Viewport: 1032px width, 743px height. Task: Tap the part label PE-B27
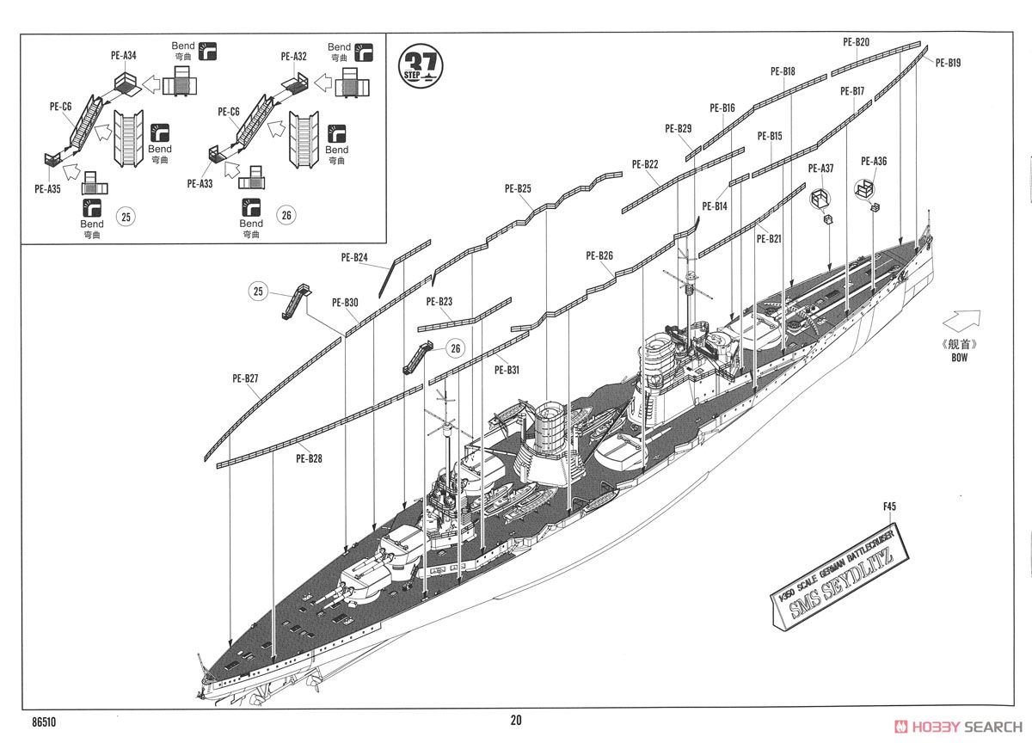click(x=245, y=378)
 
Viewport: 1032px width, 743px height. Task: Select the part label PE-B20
click(x=856, y=41)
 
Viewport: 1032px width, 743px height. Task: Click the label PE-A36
click(x=873, y=161)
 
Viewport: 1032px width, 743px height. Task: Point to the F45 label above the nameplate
click(x=889, y=507)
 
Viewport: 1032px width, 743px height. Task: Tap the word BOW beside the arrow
click(x=959, y=357)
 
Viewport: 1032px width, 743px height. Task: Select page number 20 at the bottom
click(x=515, y=721)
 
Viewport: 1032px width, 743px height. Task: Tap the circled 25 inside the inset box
click(x=126, y=217)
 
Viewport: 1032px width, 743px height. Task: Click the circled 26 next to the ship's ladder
click(x=456, y=347)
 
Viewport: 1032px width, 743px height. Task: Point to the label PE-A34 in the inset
click(x=123, y=56)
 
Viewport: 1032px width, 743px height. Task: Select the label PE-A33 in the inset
click(x=200, y=183)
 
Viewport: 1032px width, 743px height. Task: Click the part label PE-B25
click(x=518, y=188)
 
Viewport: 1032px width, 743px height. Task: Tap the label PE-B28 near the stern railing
click(x=309, y=458)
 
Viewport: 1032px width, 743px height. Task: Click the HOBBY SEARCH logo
click(x=959, y=724)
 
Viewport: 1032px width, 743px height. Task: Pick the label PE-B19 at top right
click(x=948, y=62)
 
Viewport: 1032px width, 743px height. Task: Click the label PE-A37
click(x=820, y=169)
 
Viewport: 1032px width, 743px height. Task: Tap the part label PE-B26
click(x=599, y=255)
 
